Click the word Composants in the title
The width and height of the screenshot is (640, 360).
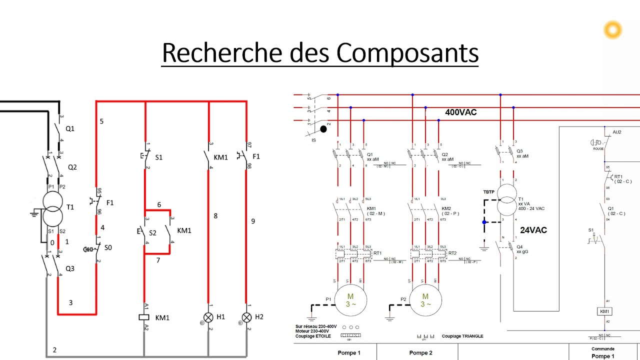tap(407, 53)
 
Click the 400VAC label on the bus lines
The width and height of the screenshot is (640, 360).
tap(460, 112)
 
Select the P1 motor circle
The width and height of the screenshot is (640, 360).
tap(350, 300)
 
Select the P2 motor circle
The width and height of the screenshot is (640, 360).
tap(425, 300)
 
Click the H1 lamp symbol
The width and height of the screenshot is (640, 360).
tap(207, 317)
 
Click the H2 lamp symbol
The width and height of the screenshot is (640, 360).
tap(246, 317)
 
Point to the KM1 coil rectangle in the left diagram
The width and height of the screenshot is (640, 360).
tap(144, 317)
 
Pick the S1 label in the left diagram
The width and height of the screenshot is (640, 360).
tap(158, 157)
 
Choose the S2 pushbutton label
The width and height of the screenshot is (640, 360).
tap(152, 233)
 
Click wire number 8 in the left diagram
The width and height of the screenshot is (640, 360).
tap(215, 216)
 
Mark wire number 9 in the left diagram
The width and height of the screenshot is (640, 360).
tap(253, 220)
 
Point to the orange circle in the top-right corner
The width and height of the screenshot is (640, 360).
tap(612, 30)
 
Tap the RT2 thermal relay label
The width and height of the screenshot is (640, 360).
tap(452, 253)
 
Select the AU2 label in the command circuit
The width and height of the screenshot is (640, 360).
tap(617, 132)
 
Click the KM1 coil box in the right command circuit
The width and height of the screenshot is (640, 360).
tap(605, 311)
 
